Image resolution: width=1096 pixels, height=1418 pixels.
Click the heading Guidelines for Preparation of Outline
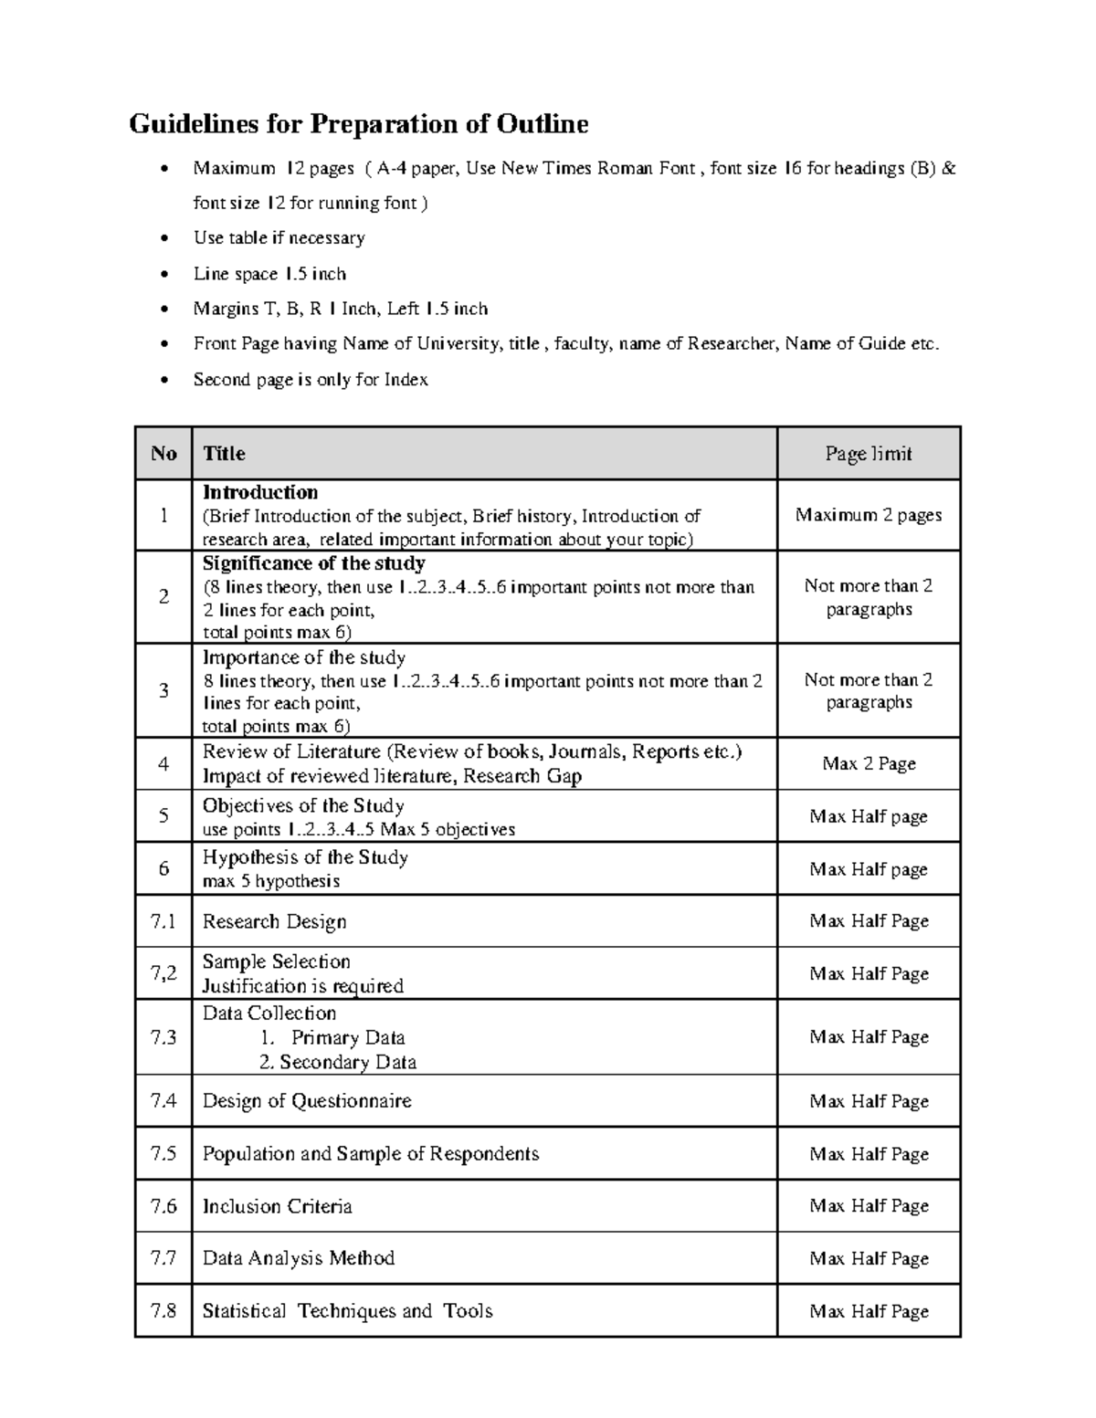pos(358,123)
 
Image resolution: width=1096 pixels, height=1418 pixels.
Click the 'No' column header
pos(163,454)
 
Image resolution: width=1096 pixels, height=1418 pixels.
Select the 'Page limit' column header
pos(868,454)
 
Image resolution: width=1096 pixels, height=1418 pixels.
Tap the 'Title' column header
pos(224,454)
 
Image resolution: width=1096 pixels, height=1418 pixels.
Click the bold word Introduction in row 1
pos(260,493)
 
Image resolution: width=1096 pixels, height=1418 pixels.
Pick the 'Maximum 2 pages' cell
pos(868,515)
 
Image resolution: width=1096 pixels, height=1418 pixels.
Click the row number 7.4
pos(163,1100)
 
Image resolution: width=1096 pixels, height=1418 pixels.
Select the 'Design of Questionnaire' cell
pos(307,1101)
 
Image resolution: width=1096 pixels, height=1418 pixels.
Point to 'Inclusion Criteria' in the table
pos(277,1206)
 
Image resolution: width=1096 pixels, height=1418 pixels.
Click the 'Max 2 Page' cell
pos(868,763)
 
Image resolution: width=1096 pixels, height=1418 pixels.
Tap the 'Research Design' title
pos(274,921)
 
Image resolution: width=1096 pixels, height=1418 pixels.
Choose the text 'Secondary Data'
pos(347,1062)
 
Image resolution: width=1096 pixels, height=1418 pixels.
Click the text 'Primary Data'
pos(347,1038)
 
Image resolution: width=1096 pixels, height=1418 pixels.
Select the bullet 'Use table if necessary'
pos(279,238)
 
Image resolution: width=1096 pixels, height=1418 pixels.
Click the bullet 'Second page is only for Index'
pos(311,380)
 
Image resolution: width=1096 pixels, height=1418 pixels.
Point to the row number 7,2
pos(163,973)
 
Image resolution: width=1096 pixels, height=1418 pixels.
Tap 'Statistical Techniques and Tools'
pos(347,1311)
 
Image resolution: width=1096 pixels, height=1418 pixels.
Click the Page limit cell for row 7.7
pos(868,1258)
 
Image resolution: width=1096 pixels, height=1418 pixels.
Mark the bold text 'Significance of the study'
pos(313,563)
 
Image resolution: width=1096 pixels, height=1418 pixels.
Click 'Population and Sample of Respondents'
pos(370,1153)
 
